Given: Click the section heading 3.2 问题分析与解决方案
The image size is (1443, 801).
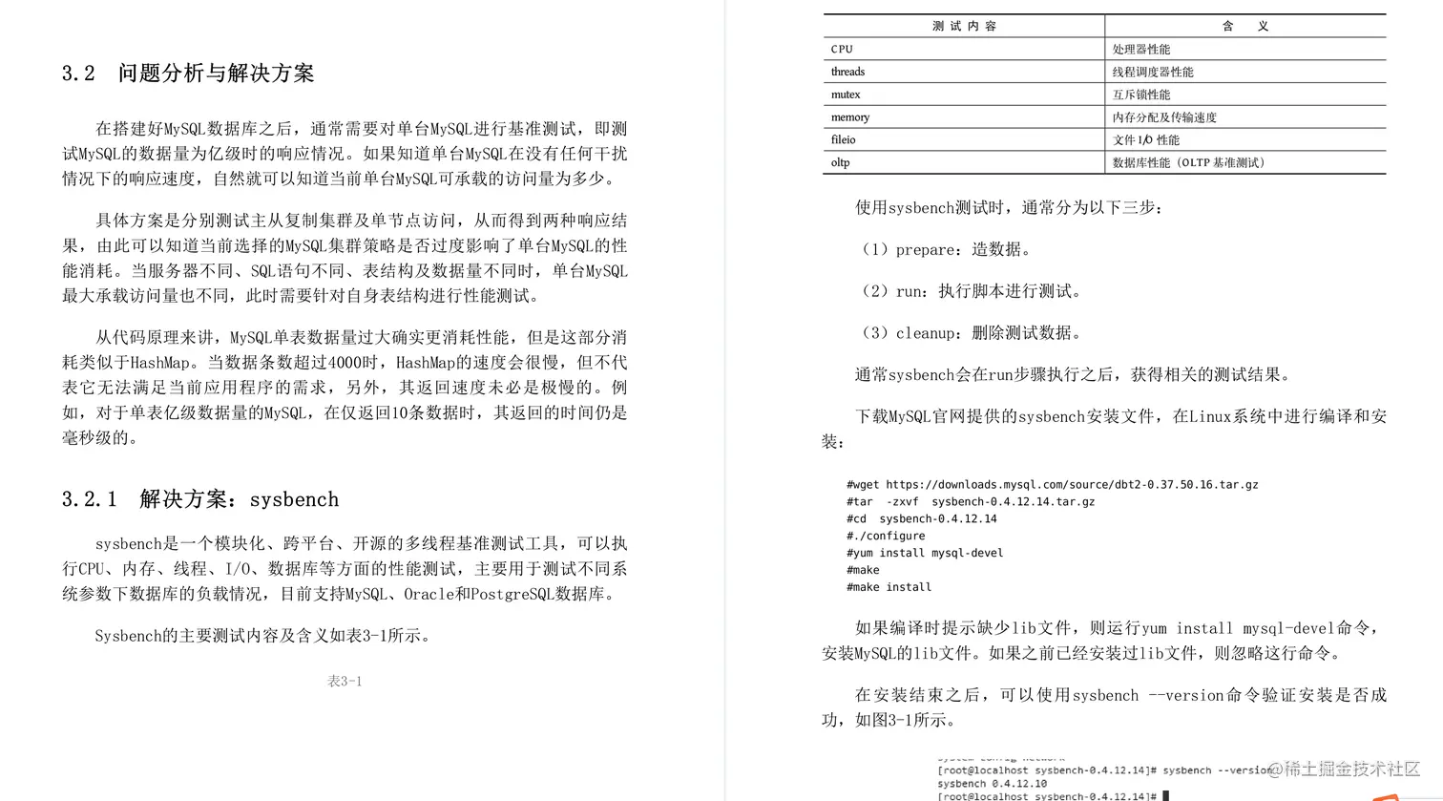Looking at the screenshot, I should (x=188, y=74).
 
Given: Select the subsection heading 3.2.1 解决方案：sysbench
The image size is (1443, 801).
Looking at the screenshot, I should (x=200, y=499).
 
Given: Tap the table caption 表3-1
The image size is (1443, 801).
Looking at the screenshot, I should (x=345, y=681).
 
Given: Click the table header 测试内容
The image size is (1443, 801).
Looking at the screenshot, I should (x=964, y=26).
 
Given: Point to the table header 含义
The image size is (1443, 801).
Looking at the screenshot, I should (x=1244, y=26).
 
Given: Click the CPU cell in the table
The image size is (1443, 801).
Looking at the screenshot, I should (x=842, y=49).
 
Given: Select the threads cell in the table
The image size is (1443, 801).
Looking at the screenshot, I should (x=847, y=72).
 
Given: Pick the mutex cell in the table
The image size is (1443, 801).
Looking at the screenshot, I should (x=846, y=95).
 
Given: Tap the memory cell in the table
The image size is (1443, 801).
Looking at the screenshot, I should (x=850, y=117).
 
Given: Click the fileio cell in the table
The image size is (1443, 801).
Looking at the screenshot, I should (x=843, y=139).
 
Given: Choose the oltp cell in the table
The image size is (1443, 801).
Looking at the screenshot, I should (x=840, y=162).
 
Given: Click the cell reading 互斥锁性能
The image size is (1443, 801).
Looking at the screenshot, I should (x=1140, y=95).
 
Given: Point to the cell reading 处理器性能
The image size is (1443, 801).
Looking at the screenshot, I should (x=1140, y=49).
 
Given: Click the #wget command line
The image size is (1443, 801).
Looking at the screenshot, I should (x=1052, y=484).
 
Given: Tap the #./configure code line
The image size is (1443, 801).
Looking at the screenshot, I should (x=886, y=536).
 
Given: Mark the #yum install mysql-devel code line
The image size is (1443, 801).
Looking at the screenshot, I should (x=925, y=553).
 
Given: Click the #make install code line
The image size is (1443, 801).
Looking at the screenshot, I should (x=889, y=587).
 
